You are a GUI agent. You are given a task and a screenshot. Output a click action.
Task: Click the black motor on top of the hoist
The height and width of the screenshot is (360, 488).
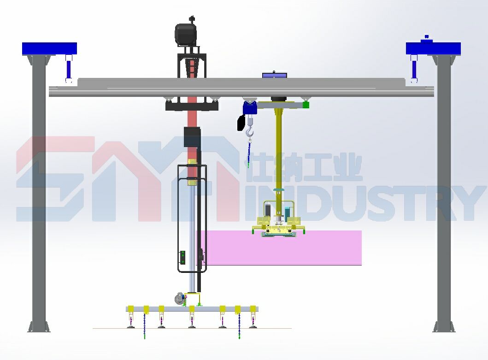click(186, 34)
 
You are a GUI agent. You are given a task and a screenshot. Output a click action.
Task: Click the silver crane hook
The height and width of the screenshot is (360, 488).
click(250, 132)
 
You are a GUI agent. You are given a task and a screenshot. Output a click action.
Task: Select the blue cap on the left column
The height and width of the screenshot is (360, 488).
click(49, 48)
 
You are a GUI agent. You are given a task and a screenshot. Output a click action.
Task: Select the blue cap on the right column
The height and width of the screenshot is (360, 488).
click(433, 48)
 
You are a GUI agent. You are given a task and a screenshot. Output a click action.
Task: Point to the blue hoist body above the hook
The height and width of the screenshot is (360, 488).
click(249, 108)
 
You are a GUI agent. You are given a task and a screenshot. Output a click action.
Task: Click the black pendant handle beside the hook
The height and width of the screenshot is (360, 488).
click(241, 123)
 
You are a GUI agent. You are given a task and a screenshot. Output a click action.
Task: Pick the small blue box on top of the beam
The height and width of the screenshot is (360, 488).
click(275, 75)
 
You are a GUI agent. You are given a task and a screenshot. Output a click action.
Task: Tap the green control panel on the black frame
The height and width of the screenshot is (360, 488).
click(182, 258)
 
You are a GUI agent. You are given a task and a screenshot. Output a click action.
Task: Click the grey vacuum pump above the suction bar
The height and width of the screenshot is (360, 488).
click(179, 298)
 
